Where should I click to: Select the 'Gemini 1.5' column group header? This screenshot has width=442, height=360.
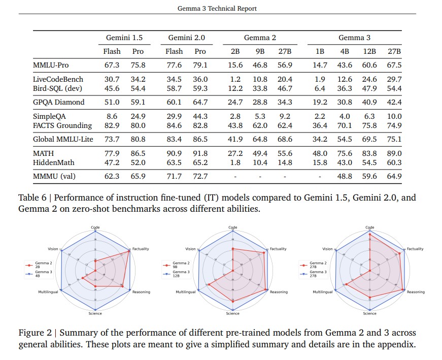pyautogui.click(x=124, y=38)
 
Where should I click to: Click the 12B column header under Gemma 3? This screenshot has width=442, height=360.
pyautogui.click(x=369, y=51)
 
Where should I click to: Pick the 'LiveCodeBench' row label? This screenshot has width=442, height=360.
pyautogui.click(x=58, y=79)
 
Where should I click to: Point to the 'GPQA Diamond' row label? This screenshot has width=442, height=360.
pyautogui.click(x=58, y=102)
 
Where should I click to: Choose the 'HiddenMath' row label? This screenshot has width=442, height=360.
pyautogui.click(x=53, y=162)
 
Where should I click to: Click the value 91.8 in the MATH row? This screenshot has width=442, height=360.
pyautogui.click(x=200, y=153)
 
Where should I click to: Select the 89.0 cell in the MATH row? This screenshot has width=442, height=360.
pyautogui.click(x=394, y=153)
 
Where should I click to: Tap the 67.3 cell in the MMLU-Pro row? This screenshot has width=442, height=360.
pyautogui.click(x=112, y=65)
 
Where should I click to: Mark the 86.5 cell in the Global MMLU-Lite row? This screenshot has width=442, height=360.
pyautogui.click(x=200, y=139)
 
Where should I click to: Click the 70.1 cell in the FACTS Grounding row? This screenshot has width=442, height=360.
pyautogui.click(x=345, y=125)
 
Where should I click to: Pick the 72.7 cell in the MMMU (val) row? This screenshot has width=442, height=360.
pyautogui.click(x=200, y=176)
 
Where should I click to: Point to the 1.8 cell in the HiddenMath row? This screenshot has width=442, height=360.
pyautogui.click(x=234, y=162)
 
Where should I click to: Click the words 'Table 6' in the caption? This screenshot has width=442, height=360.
pyautogui.click(x=31, y=198)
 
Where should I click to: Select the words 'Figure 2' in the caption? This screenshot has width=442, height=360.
pyautogui.click(x=33, y=333)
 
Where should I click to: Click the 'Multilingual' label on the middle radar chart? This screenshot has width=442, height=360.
pyautogui.click(x=186, y=292)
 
